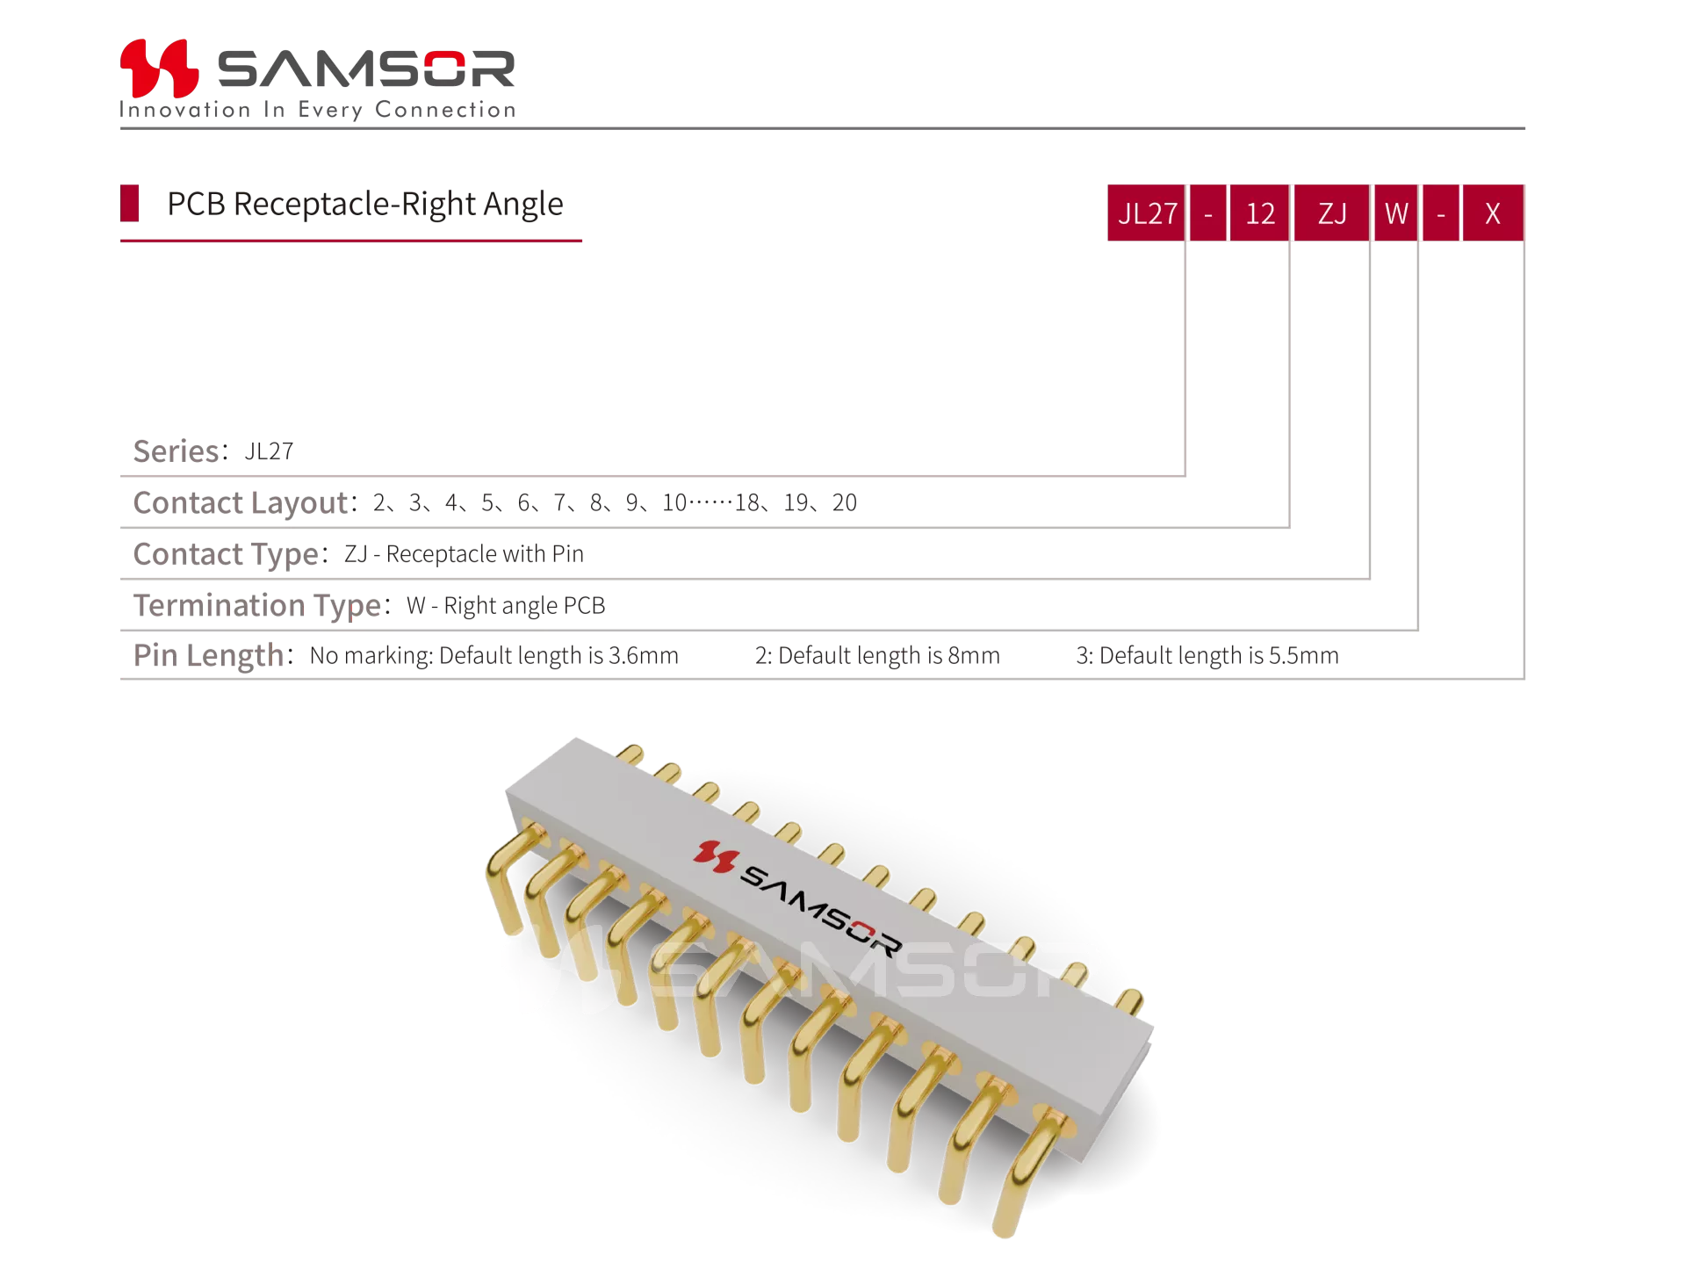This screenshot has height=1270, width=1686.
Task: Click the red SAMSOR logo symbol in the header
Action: (159, 68)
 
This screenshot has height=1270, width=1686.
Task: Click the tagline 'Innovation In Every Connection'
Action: (318, 110)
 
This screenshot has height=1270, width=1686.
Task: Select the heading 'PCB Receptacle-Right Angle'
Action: (365, 204)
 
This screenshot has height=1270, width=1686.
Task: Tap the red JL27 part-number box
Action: (1147, 213)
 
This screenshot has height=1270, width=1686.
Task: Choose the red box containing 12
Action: (1260, 213)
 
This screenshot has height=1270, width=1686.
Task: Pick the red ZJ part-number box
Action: (1332, 213)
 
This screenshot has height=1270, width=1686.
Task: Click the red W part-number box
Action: (1396, 213)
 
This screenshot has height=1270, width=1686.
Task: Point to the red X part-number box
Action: (1493, 213)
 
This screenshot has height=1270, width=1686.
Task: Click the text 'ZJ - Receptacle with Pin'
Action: (464, 554)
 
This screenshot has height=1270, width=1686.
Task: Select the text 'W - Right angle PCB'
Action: (506, 606)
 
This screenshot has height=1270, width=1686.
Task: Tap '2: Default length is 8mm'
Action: (877, 655)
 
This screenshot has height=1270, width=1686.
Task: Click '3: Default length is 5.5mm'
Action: (1207, 655)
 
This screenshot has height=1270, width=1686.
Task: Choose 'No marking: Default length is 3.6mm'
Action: (494, 655)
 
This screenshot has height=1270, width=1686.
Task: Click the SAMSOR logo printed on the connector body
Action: (797, 897)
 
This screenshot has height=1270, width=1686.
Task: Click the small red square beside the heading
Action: (130, 203)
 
